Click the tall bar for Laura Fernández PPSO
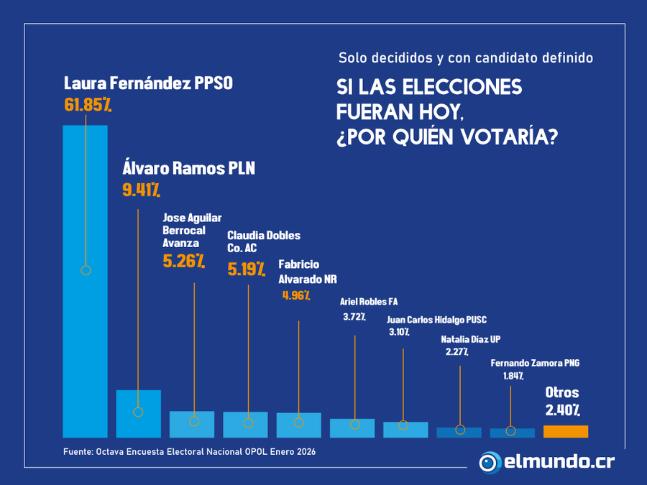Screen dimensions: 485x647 (86, 280)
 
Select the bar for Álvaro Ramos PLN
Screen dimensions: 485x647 (138, 414)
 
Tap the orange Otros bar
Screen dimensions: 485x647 (566, 431)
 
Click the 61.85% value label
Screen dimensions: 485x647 (88, 105)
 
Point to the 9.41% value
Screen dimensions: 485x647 (141, 190)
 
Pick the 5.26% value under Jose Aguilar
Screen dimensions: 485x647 (184, 261)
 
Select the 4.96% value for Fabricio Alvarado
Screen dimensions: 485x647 (295, 295)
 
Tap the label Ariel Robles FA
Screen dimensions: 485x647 (369, 301)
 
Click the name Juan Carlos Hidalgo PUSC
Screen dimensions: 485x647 (436, 320)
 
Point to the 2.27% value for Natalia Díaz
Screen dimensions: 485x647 (456, 351)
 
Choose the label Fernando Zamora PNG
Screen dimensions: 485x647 (535, 364)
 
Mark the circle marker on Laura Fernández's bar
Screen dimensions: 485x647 (86, 271)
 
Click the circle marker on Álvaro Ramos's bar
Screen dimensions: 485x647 (138, 412)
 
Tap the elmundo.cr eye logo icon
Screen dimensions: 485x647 (490, 462)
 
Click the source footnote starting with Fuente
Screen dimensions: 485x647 (189, 452)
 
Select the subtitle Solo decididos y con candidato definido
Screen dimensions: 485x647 (466, 58)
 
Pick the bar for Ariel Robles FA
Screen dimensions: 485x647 (352, 428)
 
